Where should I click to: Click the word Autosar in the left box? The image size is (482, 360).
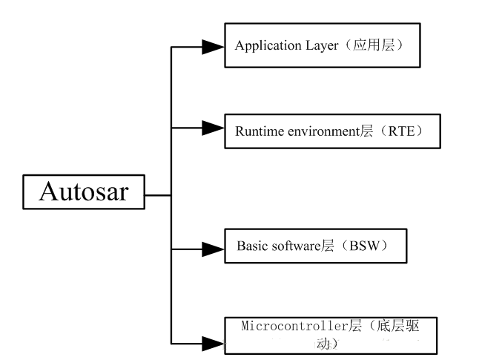[84, 192]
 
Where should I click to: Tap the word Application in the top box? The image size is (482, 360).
[268, 46]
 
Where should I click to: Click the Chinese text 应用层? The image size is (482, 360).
[374, 45]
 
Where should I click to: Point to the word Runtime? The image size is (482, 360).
[260, 131]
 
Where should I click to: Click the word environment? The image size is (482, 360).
[324, 131]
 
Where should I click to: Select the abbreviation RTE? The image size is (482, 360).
[401, 131]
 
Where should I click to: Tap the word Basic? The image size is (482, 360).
[252, 246]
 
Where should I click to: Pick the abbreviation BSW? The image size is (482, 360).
[364, 246]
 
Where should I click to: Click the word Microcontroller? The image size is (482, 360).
[294, 326]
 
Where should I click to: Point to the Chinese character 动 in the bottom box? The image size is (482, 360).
[323, 344]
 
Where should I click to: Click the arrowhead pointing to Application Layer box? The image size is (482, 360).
[213, 47]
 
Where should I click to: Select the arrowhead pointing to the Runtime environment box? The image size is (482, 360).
[213, 128]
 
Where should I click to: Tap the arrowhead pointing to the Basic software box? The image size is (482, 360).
[213, 249]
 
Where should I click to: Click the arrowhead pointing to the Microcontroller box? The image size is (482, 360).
[213, 344]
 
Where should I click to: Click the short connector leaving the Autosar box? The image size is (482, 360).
[158, 195]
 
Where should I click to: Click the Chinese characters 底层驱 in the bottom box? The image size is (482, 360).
[397, 326]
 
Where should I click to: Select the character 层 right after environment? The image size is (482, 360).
[367, 131]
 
